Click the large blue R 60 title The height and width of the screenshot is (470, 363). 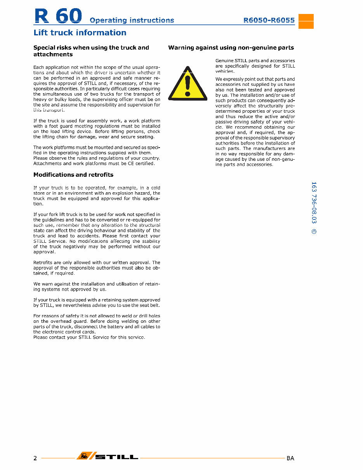point(58,16)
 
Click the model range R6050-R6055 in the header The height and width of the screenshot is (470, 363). point(269,20)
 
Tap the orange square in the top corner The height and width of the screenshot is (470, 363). point(306,21)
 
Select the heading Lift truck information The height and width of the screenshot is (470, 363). point(80,33)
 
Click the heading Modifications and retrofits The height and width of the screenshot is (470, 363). point(73,175)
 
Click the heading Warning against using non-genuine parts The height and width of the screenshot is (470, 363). point(231,48)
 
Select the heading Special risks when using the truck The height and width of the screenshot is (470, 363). point(91,51)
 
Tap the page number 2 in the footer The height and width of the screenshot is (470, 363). point(35,458)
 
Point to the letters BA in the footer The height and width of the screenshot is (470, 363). point(290,458)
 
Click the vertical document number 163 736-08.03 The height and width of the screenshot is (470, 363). point(314,203)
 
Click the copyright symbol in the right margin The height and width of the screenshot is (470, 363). point(314,232)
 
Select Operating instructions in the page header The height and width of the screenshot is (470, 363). point(132,20)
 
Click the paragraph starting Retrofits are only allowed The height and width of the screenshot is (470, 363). point(97,268)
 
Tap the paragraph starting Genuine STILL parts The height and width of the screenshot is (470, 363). point(255,66)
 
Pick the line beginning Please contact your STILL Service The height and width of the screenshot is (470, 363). point(89,337)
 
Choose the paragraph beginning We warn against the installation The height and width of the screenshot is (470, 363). point(97,287)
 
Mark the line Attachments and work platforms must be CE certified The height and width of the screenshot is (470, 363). point(94,164)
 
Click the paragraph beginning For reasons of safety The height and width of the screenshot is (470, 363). point(97,324)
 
